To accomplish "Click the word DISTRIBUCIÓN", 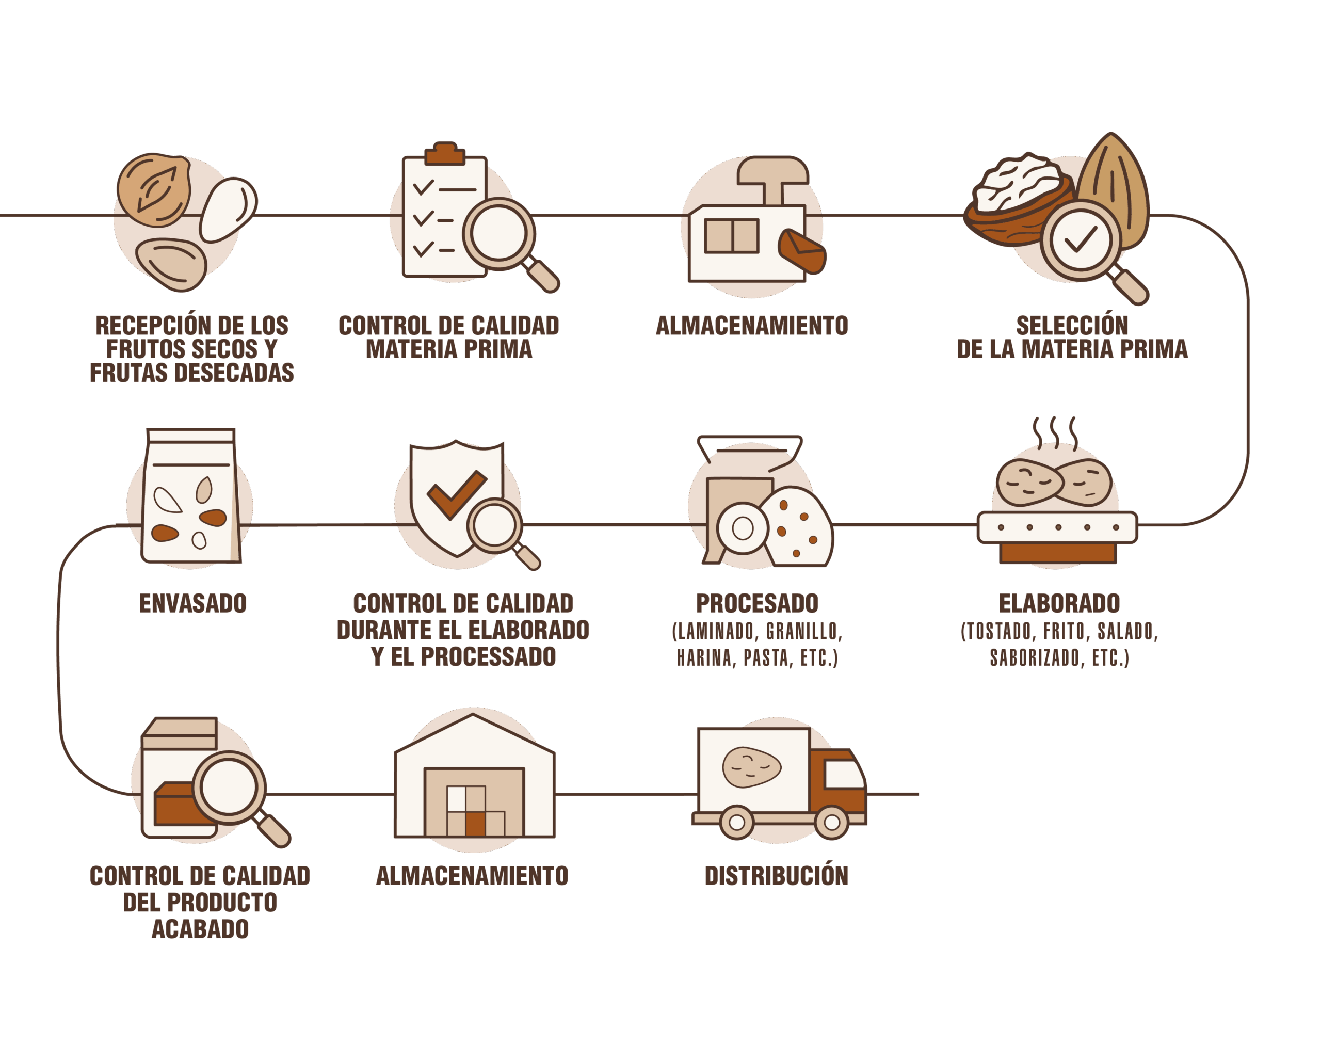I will pyautogui.click(x=776, y=875).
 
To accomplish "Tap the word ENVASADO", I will pyautogui.click(x=193, y=603).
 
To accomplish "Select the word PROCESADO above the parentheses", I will pyautogui.click(x=757, y=603).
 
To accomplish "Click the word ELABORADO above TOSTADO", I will pyautogui.click(x=1059, y=603).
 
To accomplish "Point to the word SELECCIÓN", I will pyautogui.click(x=1072, y=325).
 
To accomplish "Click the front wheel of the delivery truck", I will pyautogui.click(x=832, y=822).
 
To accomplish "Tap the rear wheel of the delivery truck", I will pyautogui.click(x=737, y=822).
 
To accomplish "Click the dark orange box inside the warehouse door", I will pyautogui.click(x=475, y=823).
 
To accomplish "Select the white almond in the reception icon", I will pyautogui.click(x=227, y=209).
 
